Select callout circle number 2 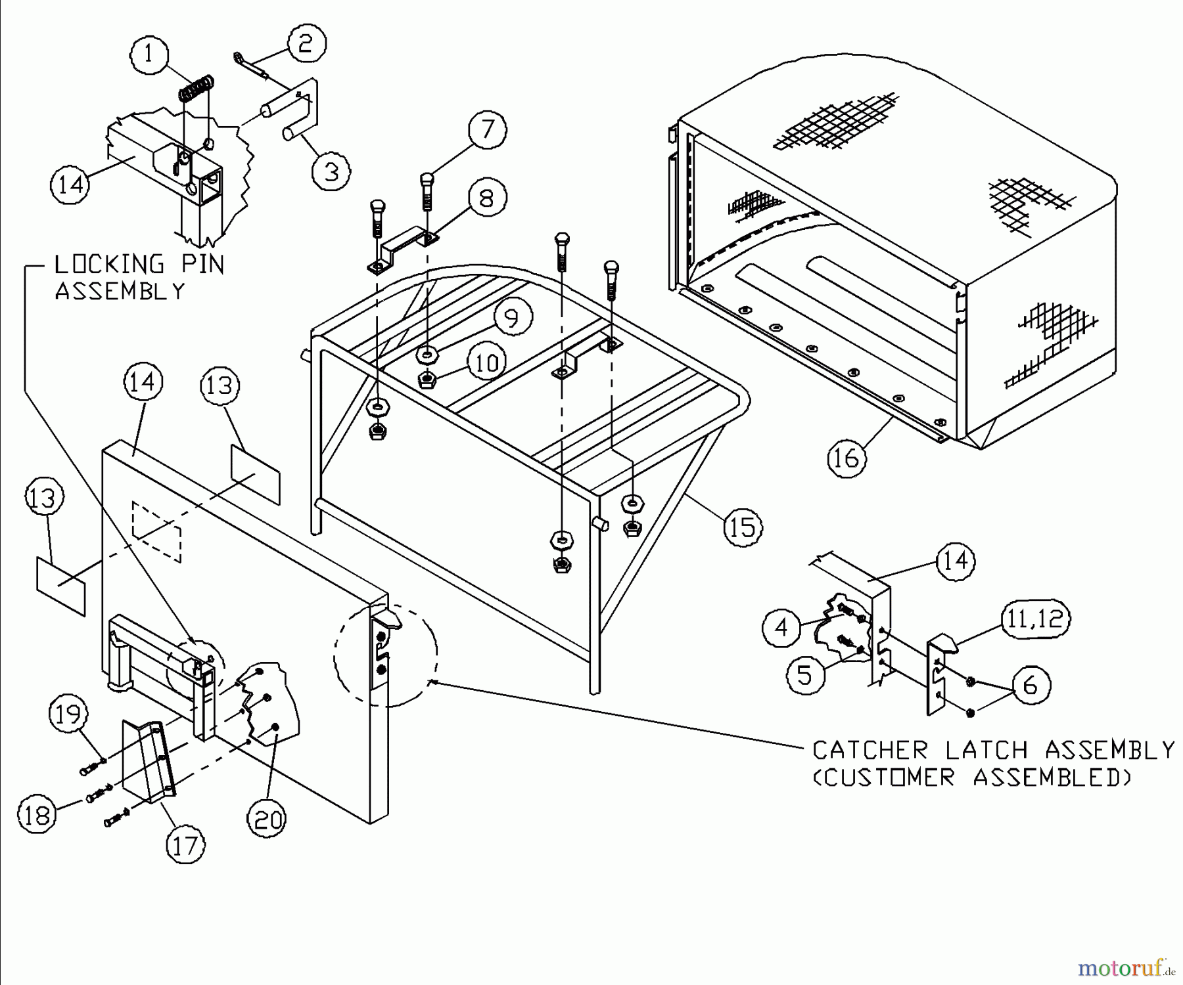tap(306, 43)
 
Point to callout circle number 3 tap(331, 171)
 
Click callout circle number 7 tap(487, 129)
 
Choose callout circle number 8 tap(486, 198)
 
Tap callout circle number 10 tap(487, 362)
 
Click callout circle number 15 tap(743, 527)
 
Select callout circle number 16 tap(847, 457)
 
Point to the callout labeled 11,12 tap(1035, 619)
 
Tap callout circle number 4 tap(781, 628)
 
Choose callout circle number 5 tap(805, 675)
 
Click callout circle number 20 tap(267, 819)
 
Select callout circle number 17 tap(186, 846)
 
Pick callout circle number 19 tap(68, 714)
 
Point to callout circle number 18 tap(37, 815)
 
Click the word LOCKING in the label tap(108, 265)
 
